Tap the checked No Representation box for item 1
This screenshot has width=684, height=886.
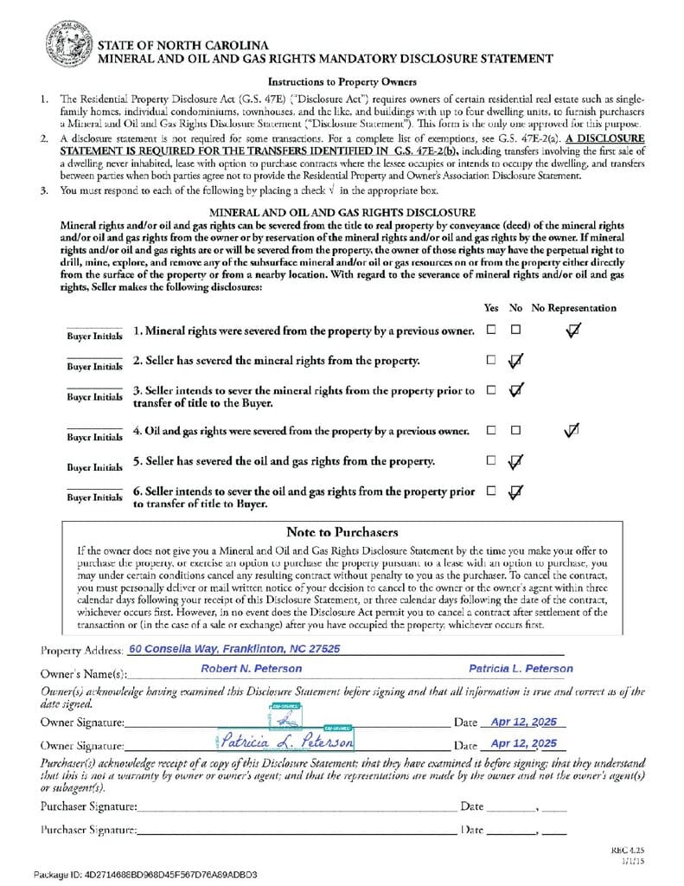point(572,330)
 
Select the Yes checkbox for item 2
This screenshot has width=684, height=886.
point(491,360)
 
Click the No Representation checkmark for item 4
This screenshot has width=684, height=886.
point(571,429)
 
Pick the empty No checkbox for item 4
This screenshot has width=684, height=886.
point(515,430)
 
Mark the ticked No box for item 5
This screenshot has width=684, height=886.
point(515,461)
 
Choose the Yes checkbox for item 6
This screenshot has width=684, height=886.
point(491,491)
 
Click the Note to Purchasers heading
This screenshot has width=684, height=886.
point(342,531)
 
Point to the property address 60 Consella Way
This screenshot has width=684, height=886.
point(233,648)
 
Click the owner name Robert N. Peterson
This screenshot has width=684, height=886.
point(252,669)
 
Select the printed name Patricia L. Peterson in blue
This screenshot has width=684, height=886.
point(521,669)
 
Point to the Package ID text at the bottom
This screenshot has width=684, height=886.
point(145,875)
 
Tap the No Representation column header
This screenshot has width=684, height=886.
point(573,308)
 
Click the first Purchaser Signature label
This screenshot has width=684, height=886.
point(88,806)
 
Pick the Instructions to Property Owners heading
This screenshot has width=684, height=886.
point(342,82)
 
